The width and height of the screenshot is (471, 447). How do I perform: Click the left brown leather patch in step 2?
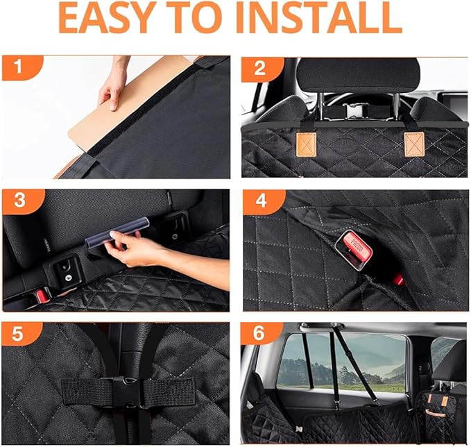coord(305,144)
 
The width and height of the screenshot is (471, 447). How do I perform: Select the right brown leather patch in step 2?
coord(413,143)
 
